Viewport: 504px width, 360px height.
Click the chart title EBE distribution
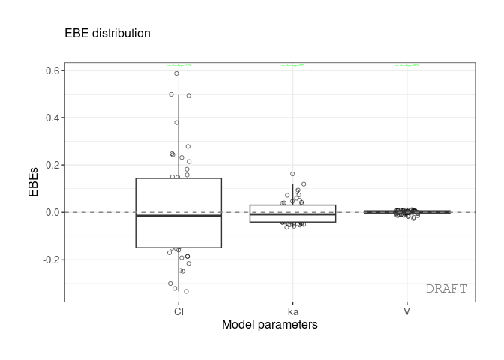pyautogui.click(x=107, y=34)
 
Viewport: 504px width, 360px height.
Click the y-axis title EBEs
pyautogui.click(x=34, y=182)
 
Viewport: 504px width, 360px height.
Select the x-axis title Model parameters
pyautogui.click(x=269, y=325)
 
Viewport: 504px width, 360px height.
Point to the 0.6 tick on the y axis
pyautogui.click(x=53, y=70)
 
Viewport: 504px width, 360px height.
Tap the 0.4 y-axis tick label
pyautogui.click(x=53, y=118)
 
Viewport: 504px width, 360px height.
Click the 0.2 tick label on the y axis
pyautogui.click(x=53, y=165)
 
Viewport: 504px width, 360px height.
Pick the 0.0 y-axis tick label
pyautogui.click(x=53, y=212)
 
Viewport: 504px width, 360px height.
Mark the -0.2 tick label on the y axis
pyautogui.click(x=52, y=259)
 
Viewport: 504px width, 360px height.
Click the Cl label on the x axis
pyautogui.click(x=178, y=310)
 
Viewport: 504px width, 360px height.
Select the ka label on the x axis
pyautogui.click(x=292, y=310)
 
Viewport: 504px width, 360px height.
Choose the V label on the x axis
pyautogui.click(x=406, y=310)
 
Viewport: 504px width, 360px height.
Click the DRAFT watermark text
pyautogui.click(x=446, y=289)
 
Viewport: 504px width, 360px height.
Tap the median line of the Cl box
pyautogui.click(x=178, y=216)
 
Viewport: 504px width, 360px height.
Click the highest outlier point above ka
pyautogui.click(x=292, y=174)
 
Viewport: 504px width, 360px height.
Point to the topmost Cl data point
pyautogui.click(x=177, y=73)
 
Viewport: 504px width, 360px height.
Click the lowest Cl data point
pyautogui.click(x=186, y=291)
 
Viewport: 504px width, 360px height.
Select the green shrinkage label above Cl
pyautogui.click(x=178, y=65)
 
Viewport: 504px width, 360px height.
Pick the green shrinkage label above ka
pyautogui.click(x=292, y=65)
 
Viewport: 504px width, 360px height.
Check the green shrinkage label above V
pyautogui.click(x=406, y=65)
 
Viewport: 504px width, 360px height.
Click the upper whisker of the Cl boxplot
pyautogui.click(x=178, y=135)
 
